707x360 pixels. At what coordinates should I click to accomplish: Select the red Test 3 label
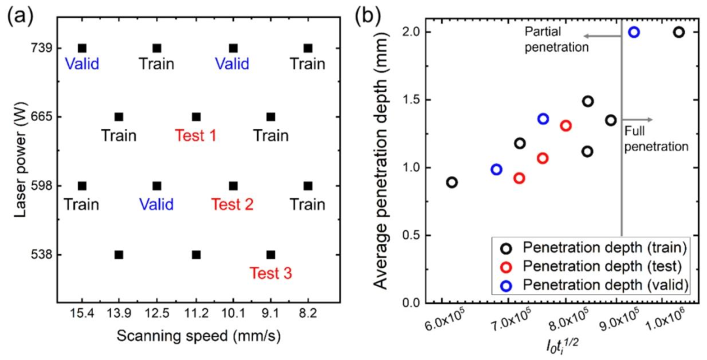pos(270,272)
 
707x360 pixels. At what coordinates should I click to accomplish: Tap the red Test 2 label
pos(232,204)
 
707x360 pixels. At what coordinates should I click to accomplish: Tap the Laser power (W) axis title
pos(18,152)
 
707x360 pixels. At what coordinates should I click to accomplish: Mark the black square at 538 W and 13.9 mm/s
pos(118,255)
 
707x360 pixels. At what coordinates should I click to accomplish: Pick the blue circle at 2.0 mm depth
pos(634,32)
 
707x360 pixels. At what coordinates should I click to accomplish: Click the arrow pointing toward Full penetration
pos(637,119)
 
